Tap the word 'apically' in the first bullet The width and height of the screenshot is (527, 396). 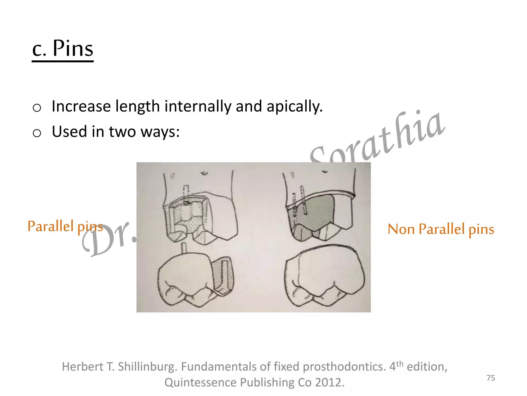click(294, 106)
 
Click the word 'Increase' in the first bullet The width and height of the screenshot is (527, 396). click(81, 106)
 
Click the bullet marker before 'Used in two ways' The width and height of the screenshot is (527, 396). click(37, 133)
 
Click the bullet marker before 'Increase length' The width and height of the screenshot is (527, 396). click(37, 108)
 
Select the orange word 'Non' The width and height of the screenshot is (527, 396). click(401, 229)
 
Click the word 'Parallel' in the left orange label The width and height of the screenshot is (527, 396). click(50, 226)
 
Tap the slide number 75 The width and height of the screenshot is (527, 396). click(491, 378)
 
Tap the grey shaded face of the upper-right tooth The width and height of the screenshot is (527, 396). click(317, 211)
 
